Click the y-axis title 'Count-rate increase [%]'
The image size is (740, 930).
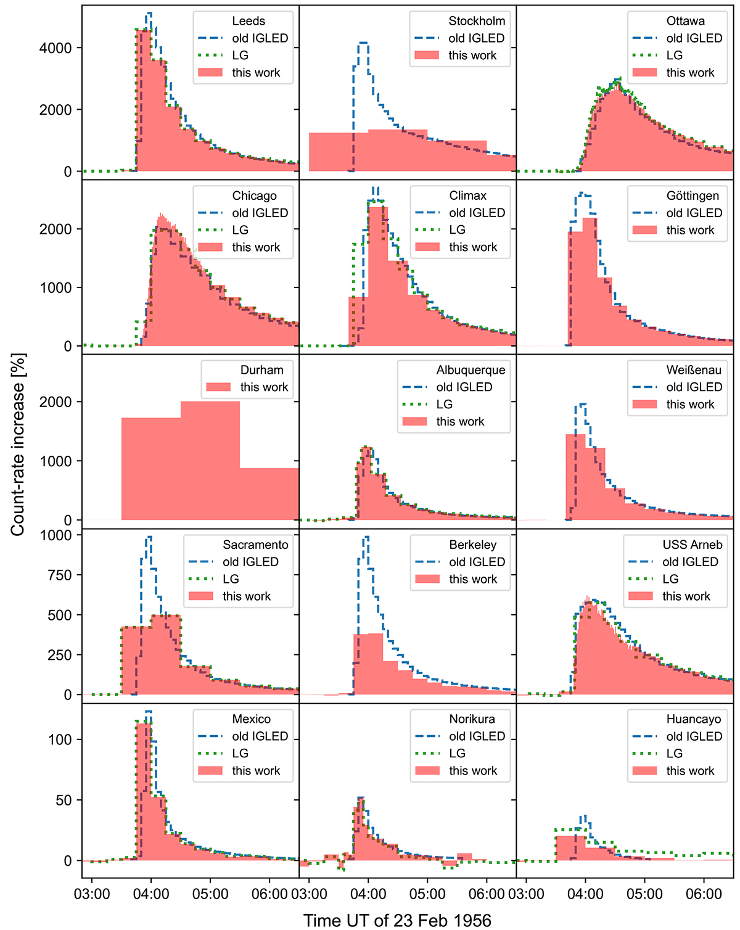click(x=18, y=444)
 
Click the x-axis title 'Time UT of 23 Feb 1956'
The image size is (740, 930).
click(x=397, y=920)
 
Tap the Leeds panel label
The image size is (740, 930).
click(x=249, y=21)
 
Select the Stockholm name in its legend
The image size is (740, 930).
click(x=477, y=21)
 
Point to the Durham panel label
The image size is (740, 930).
click(x=262, y=370)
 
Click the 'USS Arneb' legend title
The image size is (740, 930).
click(x=692, y=545)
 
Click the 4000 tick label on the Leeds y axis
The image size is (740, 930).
click(x=55, y=48)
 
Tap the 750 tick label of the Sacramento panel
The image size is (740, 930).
click(x=60, y=575)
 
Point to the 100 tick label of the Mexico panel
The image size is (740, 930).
click(x=60, y=739)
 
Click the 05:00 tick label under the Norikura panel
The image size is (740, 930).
click(x=427, y=894)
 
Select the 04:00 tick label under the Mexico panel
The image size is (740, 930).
click(x=150, y=894)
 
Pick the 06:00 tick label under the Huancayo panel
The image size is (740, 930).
click(x=704, y=894)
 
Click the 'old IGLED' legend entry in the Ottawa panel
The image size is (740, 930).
click(x=694, y=38)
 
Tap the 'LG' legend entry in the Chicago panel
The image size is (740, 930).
click(x=240, y=230)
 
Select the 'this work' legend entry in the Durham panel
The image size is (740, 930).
click(x=264, y=387)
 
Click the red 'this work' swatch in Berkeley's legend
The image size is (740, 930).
click(x=427, y=579)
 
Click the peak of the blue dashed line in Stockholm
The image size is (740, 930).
click(x=363, y=43)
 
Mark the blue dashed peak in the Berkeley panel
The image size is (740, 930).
click(x=366, y=537)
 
